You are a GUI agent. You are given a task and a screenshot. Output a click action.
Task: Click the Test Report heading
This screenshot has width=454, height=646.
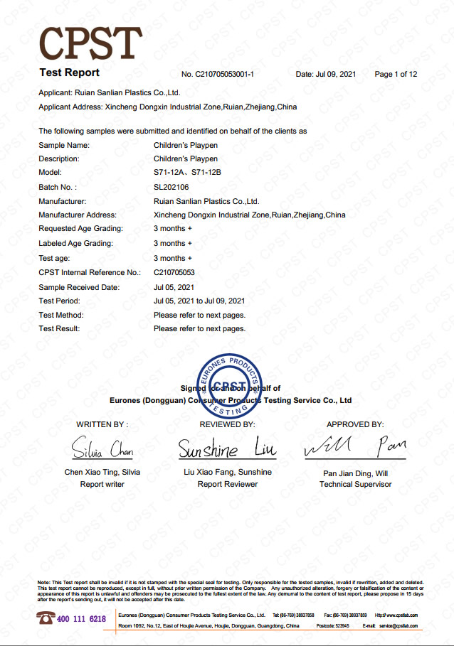coord(69,72)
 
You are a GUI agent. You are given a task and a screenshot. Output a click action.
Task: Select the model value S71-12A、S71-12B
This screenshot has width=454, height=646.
coord(189,173)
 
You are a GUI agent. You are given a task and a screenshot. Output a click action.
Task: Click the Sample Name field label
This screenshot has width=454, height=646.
coord(64,145)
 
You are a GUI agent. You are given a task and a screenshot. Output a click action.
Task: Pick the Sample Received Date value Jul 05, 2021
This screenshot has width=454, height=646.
coord(174,287)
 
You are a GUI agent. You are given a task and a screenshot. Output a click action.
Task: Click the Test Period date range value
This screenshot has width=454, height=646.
coord(199,301)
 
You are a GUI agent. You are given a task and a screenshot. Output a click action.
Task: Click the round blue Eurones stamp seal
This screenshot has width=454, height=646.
coord(233,384)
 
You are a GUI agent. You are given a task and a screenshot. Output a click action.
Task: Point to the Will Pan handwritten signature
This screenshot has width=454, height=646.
coord(355,448)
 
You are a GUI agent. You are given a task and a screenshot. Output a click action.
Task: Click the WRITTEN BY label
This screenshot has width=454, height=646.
coord(102,424)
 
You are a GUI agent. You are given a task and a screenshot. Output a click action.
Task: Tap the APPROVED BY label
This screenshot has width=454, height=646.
coord(355,424)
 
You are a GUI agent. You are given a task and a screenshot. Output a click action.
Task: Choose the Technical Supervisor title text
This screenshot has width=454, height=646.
coord(355,485)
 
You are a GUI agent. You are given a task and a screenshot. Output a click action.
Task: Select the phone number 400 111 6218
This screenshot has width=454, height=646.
coord(81,619)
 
